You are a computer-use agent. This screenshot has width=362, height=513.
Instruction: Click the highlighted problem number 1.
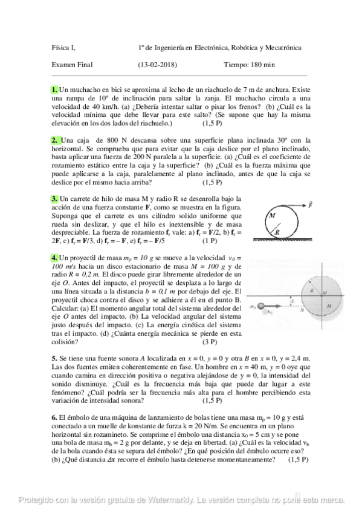55,90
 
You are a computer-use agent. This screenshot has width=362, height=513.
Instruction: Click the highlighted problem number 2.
55,140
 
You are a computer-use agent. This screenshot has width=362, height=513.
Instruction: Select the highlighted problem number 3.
55,199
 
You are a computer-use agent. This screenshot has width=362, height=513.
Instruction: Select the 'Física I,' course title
64,48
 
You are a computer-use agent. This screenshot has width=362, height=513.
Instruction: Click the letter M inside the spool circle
273,215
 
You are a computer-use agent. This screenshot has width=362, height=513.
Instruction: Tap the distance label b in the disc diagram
293,301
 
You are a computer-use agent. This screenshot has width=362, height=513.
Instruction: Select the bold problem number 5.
54,358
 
